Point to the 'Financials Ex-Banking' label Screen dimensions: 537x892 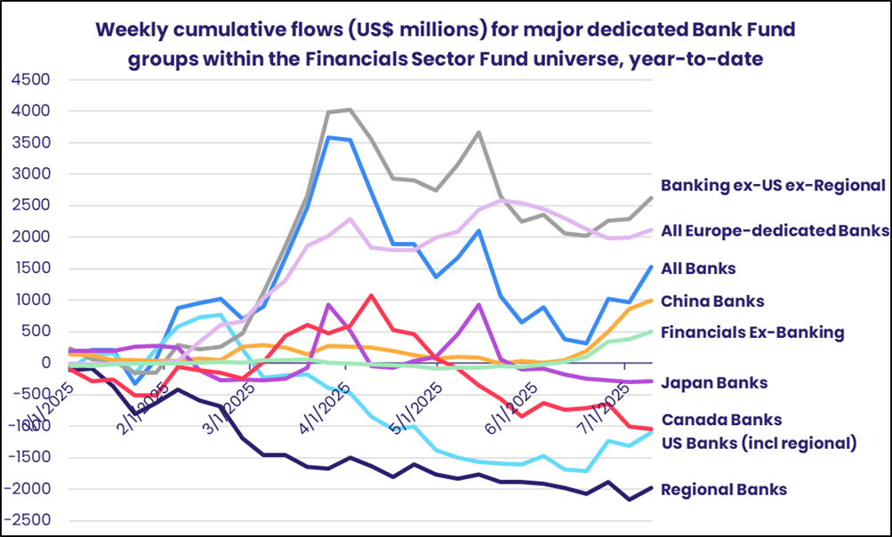pos(752,333)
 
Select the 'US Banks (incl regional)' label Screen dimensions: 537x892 pos(759,442)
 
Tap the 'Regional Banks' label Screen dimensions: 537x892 pos(723,489)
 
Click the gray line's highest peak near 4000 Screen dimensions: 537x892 pos(350,109)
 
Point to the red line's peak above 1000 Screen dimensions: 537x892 pos(371,295)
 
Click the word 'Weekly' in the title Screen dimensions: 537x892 pos(129,31)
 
